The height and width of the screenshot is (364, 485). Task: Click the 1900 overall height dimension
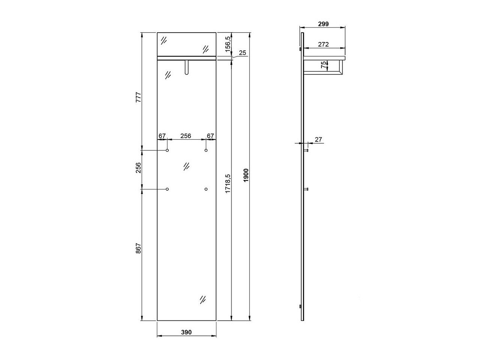pyautogui.click(x=246, y=175)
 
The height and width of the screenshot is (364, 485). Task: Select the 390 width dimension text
pyautogui.click(x=186, y=332)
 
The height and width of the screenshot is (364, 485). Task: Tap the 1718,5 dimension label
pyautogui.click(x=228, y=184)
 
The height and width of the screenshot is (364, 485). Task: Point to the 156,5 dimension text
pyautogui.click(x=228, y=44)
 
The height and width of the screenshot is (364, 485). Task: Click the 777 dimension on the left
pyautogui.click(x=138, y=97)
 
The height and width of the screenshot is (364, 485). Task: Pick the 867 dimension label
pyautogui.click(x=138, y=248)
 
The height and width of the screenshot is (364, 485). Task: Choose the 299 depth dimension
pyautogui.click(x=323, y=24)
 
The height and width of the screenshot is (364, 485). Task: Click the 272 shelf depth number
pyautogui.click(x=323, y=44)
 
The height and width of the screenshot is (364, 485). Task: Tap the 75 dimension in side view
pyautogui.click(x=323, y=65)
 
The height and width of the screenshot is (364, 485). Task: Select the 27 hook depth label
pyautogui.click(x=318, y=140)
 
